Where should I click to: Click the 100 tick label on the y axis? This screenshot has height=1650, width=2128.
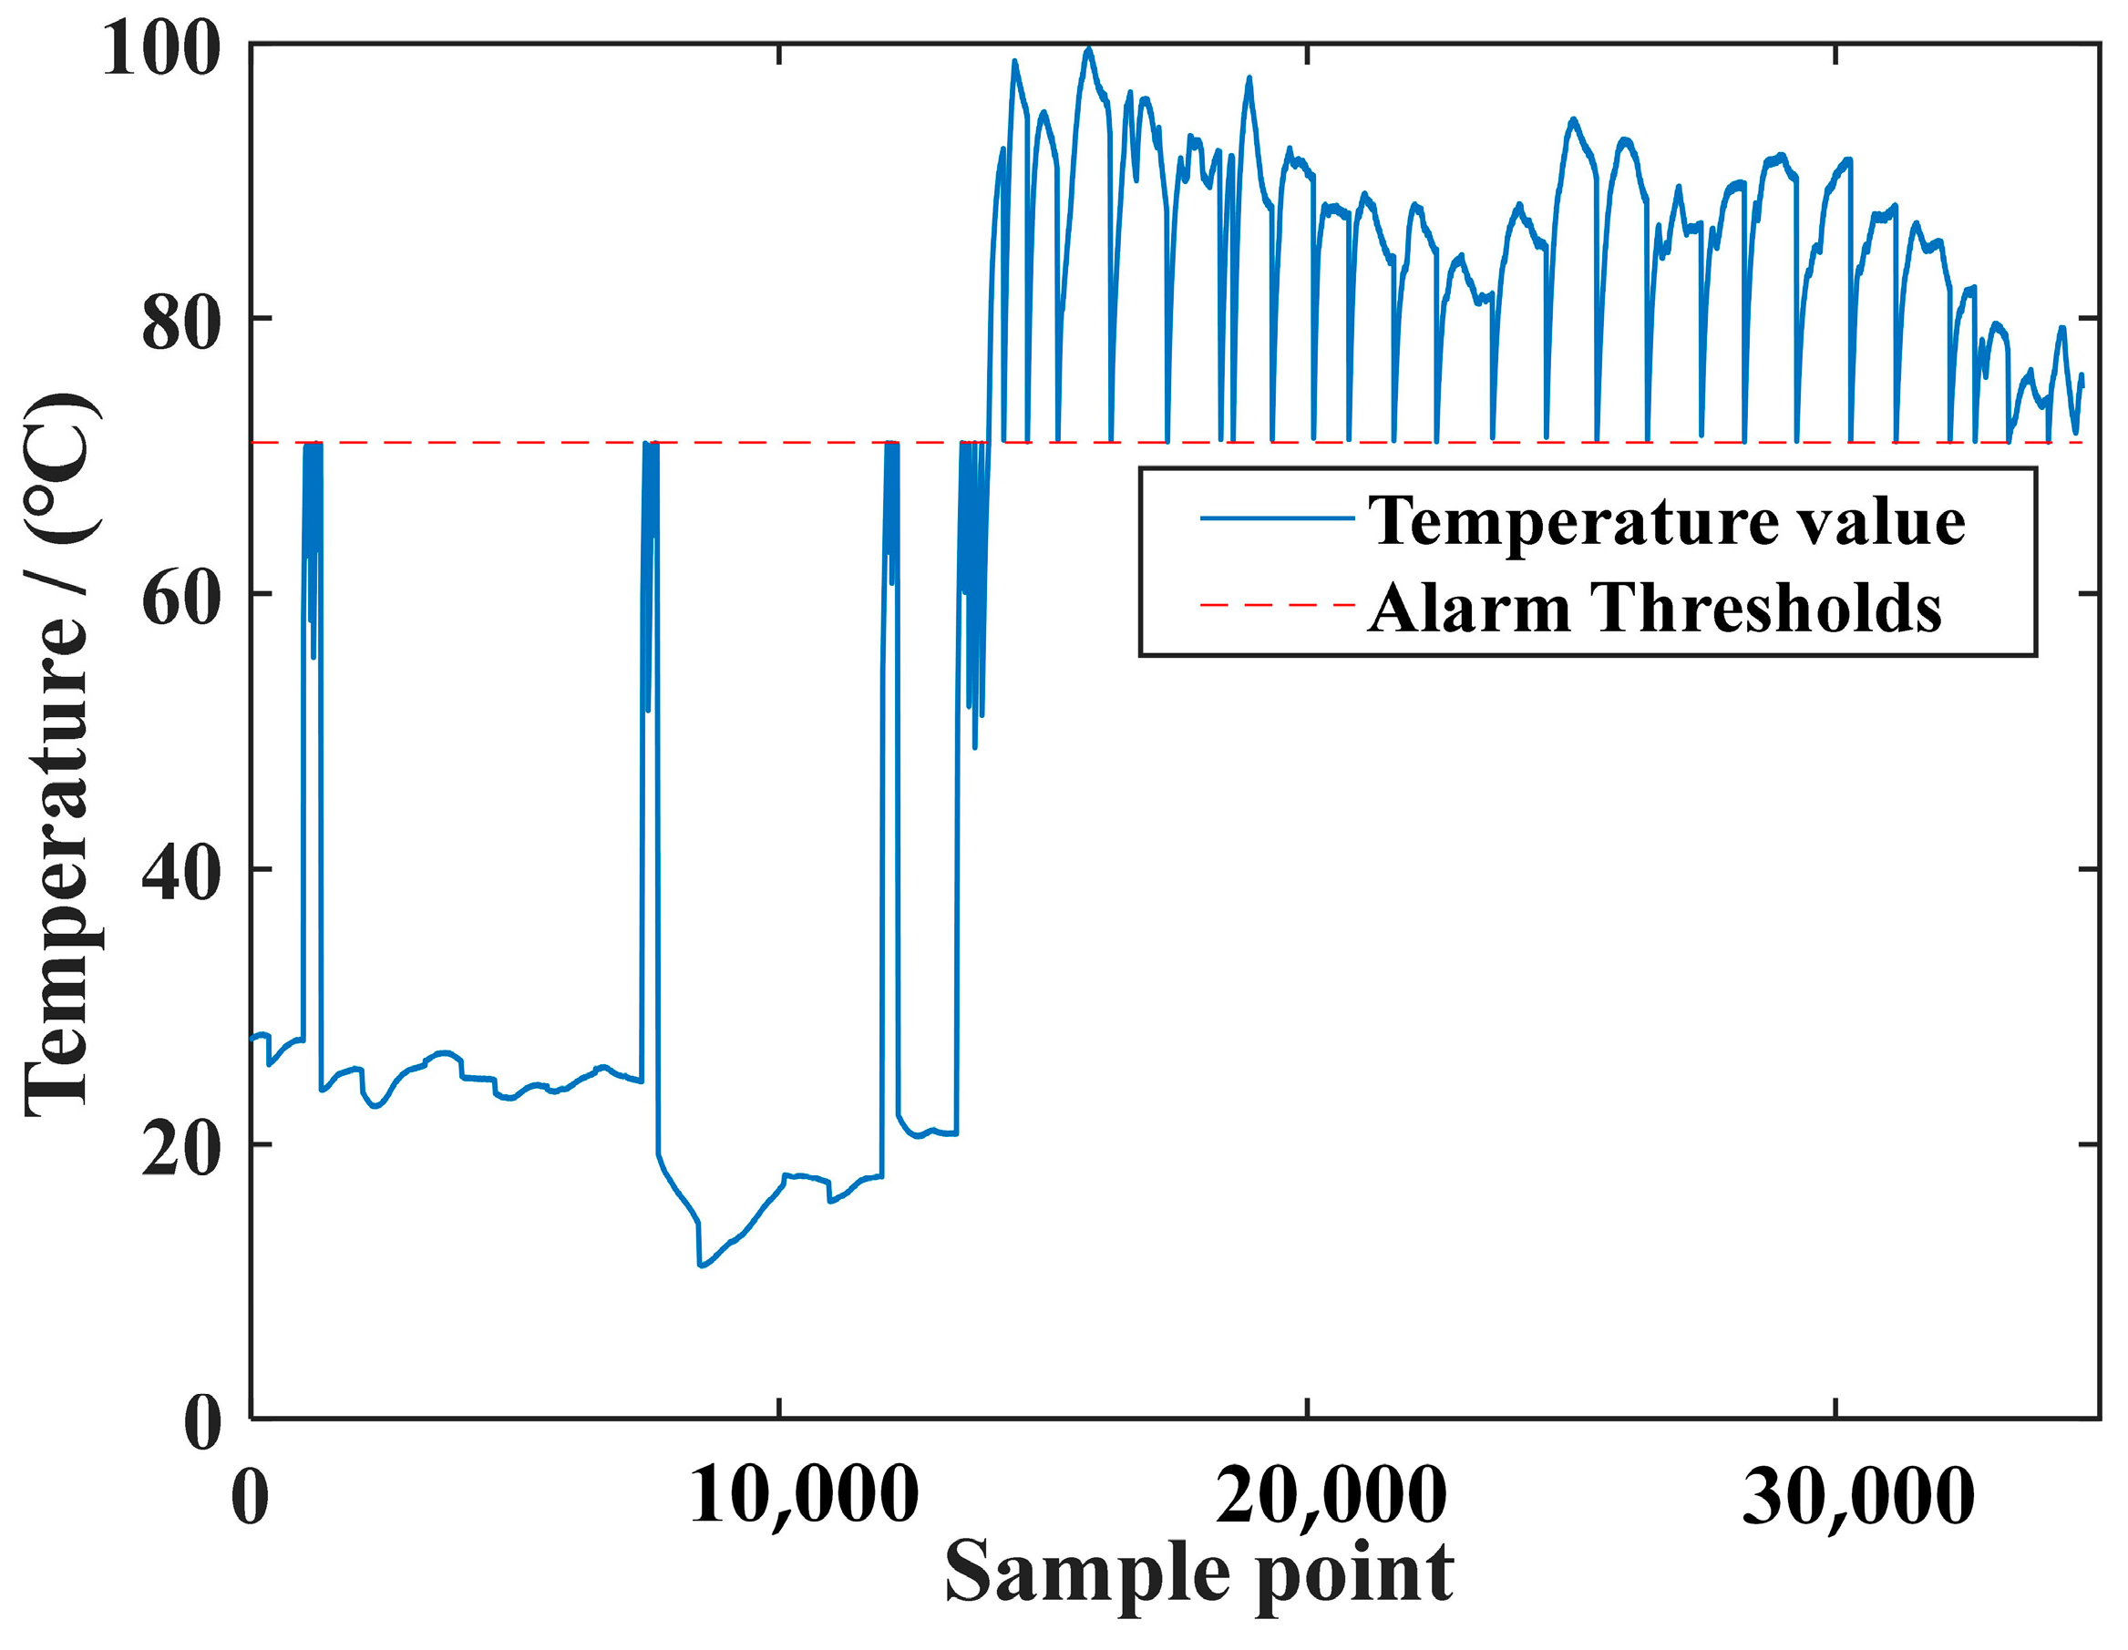tap(160, 48)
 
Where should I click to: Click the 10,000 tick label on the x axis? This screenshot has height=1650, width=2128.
tap(804, 1495)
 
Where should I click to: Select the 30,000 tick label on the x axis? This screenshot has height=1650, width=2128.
tap(1859, 1495)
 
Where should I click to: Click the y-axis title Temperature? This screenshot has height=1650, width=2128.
tap(60, 755)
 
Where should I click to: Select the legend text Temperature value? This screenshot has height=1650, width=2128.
tap(1666, 521)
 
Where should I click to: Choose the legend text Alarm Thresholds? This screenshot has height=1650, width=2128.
tap(1654, 608)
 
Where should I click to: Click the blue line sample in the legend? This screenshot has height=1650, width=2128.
tap(1277, 518)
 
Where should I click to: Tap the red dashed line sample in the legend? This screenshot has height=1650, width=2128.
tap(1277, 605)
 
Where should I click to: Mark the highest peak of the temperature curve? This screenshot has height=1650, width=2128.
tap(1088, 48)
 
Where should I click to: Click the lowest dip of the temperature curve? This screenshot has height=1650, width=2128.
tap(701, 1266)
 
